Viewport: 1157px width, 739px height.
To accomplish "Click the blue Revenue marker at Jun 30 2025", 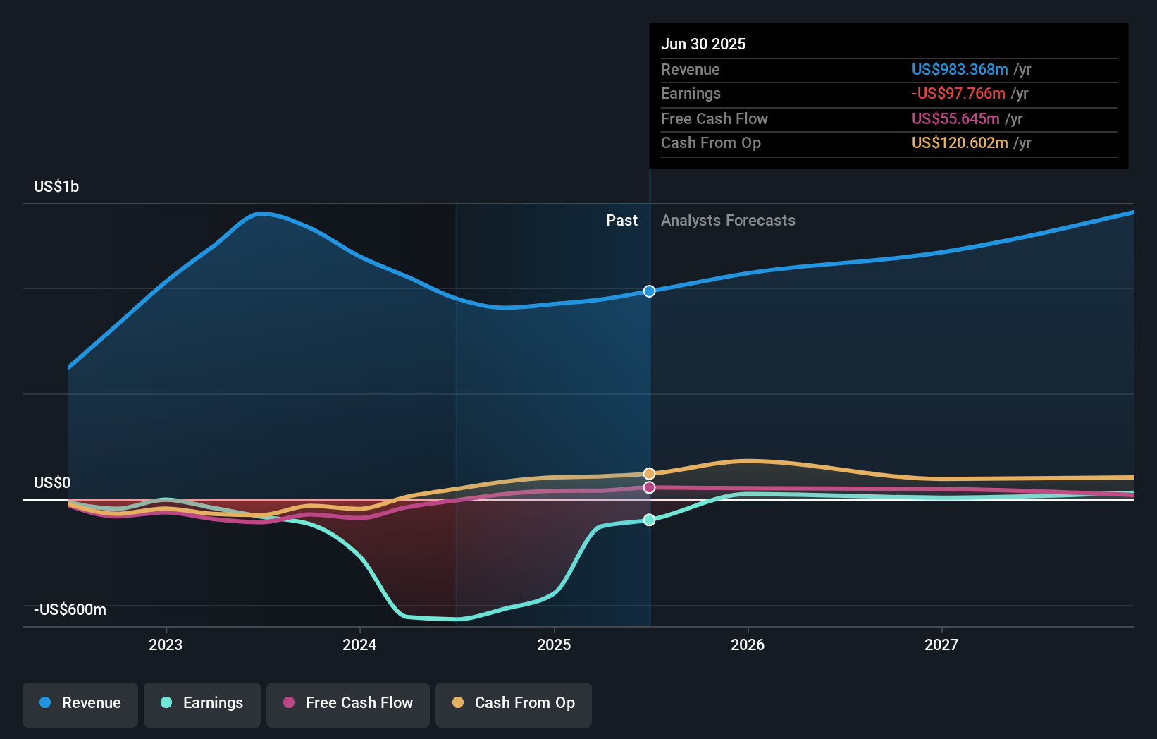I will pyautogui.click(x=649, y=291).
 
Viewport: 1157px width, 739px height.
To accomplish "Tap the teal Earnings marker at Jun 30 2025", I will pyautogui.click(x=649, y=520).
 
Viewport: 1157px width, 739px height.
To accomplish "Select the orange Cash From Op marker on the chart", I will pyautogui.click(x=649, y=474).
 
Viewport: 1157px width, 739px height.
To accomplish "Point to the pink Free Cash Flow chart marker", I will pyautogui.click(x=649, y=487).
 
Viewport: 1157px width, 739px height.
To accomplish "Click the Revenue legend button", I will pyautogui.click(x=80, y=703).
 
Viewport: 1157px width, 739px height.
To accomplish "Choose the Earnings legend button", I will pyautogui.click(x=202, y=703).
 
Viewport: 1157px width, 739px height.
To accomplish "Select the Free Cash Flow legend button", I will pyautogui.click(x=348, y=703).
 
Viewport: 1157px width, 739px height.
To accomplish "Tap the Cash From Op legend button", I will pyautogui.click(x=514, y=703).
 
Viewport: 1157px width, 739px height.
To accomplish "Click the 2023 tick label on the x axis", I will pyautogui.click(x=166, y=645).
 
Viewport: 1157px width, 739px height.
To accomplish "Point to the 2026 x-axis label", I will pyautogui.click(x=748, y=645).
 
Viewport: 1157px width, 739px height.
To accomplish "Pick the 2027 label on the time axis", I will pyautogui.click(x=941, y=645).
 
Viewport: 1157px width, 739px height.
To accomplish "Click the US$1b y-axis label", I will pyautogui.click(x=56, y=187).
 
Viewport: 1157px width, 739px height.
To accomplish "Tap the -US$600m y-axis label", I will pyautogui.click(x=70, y=610).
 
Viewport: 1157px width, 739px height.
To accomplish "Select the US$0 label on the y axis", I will pyautogui.click(x=52, y=483).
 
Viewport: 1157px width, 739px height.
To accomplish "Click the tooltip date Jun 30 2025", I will pyautogui.click(x=703, y=44).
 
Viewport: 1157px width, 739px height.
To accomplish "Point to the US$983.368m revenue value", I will pyautogui.click(x=960, y=70).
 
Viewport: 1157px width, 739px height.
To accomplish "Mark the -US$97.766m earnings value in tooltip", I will pyautogui.click(x=958, y=94).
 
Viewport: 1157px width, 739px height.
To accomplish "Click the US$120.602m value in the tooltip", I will pyautogui.click(x=960, y=143).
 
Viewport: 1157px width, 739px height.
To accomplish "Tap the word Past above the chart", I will pyautogui.click(x=621, y=221).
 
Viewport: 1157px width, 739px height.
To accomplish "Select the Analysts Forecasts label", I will pyautogui.click(x=728, y=221).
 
